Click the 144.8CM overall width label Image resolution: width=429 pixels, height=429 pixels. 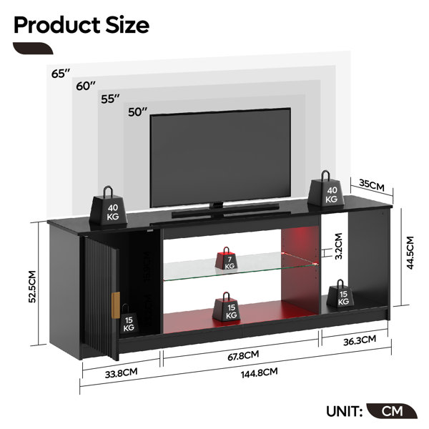coord(259,373)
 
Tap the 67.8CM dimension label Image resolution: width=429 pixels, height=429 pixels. coord(243,355)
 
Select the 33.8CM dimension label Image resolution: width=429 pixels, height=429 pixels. coord(122,373)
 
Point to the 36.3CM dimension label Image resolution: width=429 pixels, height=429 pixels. coord(360,340)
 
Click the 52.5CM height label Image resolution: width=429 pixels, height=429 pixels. coord(32,287)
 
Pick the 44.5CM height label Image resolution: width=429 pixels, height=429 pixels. coord(410,253)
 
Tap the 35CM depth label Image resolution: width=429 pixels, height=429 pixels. coord(372,185)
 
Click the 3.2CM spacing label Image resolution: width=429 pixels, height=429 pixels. coord(339,246)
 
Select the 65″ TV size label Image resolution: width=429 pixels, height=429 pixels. coord(61,74)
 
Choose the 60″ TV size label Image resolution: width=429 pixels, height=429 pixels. coord(86,86)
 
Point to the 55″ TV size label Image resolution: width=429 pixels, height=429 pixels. coord(111,99)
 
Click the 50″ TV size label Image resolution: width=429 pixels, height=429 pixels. coord(137,112)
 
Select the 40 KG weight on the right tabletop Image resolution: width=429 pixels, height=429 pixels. coord(327,189)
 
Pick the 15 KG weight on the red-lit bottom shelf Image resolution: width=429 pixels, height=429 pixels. coord(226,307)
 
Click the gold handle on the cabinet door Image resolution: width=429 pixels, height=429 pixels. coord(116,305)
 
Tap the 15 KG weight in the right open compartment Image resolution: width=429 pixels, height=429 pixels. coord(340,293)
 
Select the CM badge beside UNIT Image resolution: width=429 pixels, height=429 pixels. coord(392,411)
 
